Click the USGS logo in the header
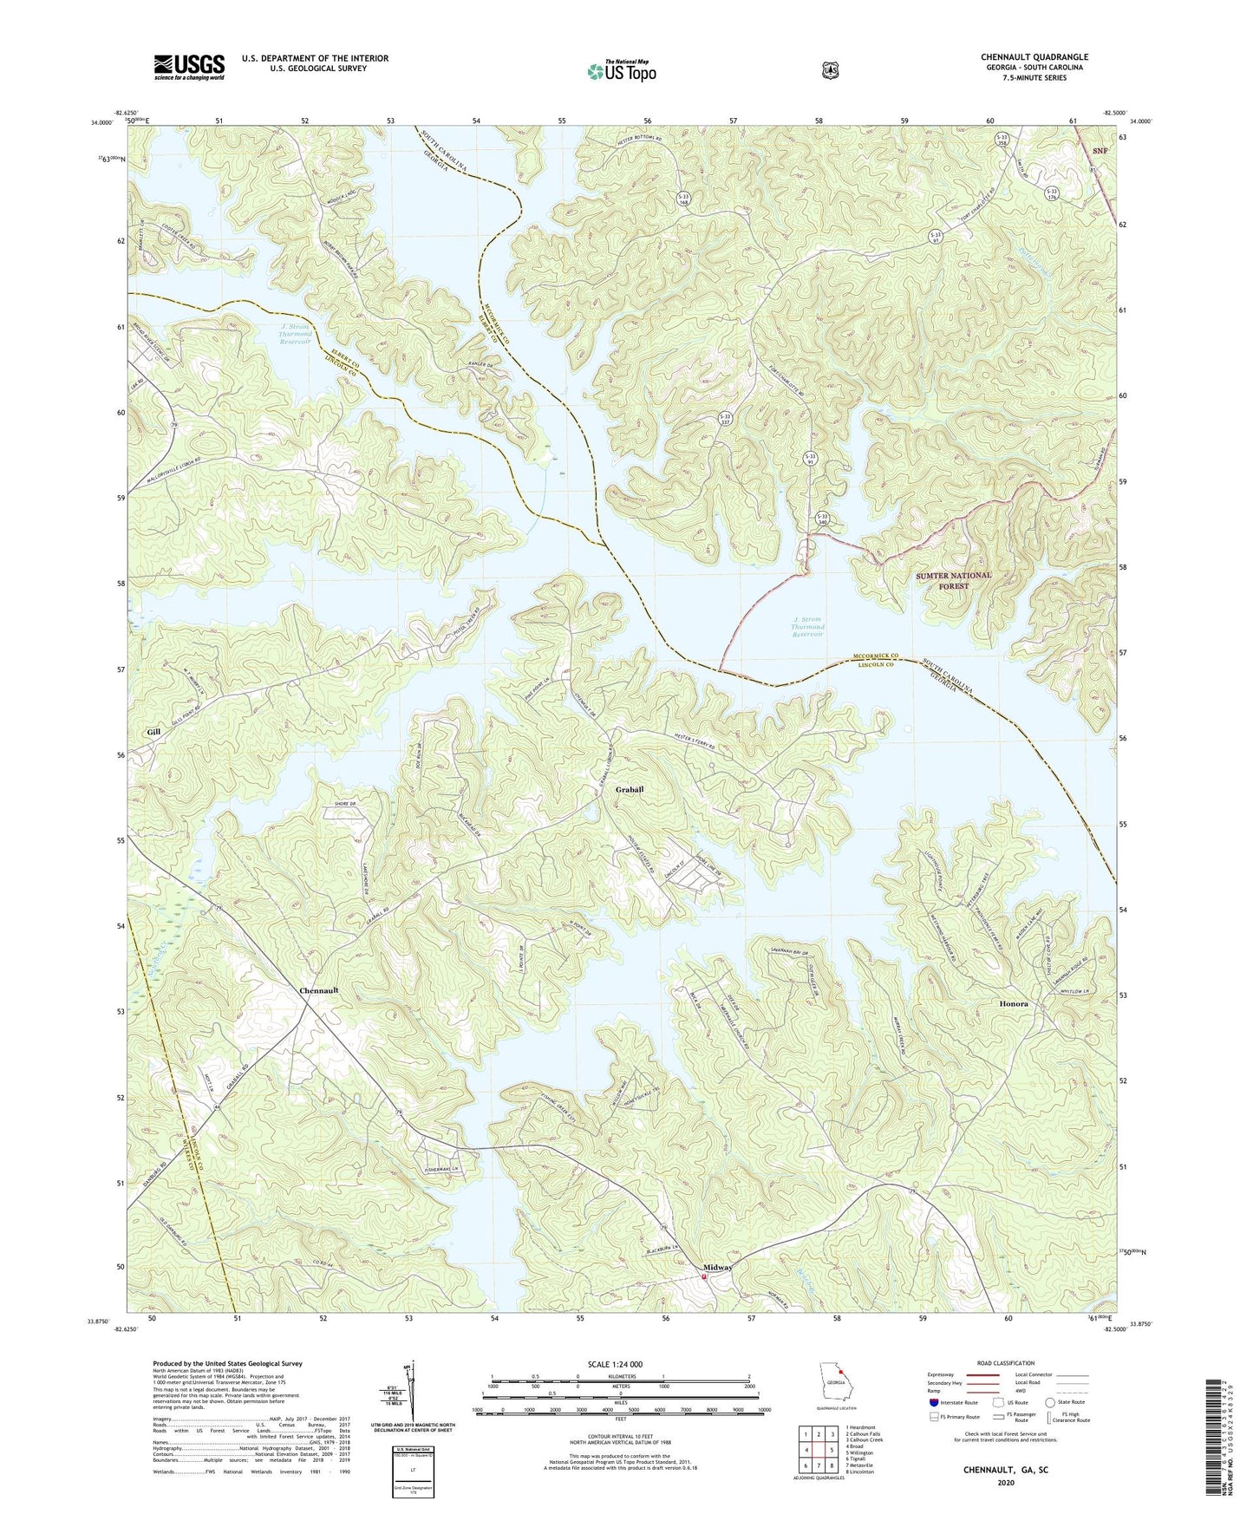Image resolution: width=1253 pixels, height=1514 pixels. (x=189, y=67)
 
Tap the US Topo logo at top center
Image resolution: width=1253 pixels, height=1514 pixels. (x=619, y=70)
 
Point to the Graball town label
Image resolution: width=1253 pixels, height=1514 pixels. (x=630, y=790)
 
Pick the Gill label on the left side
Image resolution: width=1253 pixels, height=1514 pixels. (x=153, y=732)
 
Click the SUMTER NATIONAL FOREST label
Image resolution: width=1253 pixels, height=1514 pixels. (x=954, y=580)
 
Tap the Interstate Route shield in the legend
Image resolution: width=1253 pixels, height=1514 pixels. (x=933, y=1402)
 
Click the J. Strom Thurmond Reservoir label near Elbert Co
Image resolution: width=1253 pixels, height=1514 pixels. (x=295, y=335)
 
